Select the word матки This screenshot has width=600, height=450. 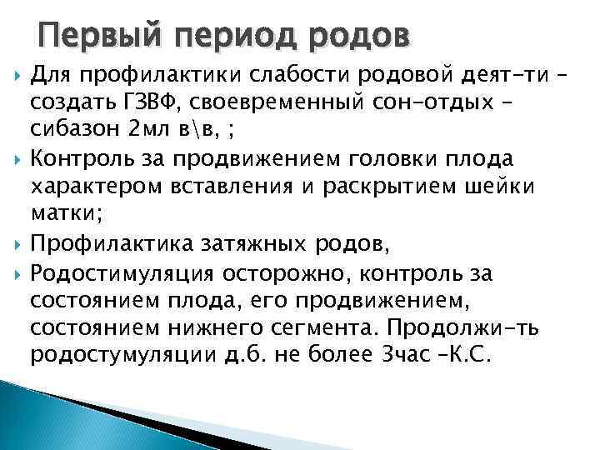click(x=65, y=212)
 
